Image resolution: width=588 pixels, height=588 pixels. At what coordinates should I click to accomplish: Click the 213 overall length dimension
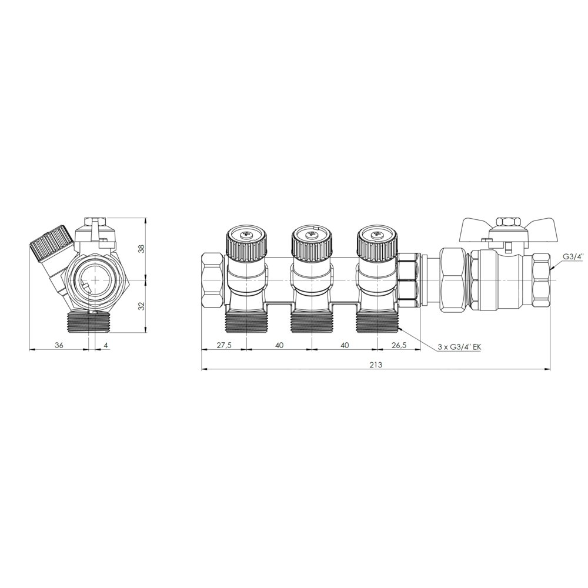(375, 364)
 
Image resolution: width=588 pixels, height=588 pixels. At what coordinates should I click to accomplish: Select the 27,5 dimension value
(223, 345)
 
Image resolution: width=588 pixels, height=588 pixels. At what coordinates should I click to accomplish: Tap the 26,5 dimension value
(399, 345)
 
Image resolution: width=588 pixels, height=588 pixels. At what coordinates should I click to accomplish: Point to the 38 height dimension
(141, 248)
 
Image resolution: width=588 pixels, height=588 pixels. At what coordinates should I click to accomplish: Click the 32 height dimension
(141, 306)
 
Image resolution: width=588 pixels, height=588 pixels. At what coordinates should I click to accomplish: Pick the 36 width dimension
(59, 345)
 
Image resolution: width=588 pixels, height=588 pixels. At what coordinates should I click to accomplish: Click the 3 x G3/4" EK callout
(459, 348)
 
